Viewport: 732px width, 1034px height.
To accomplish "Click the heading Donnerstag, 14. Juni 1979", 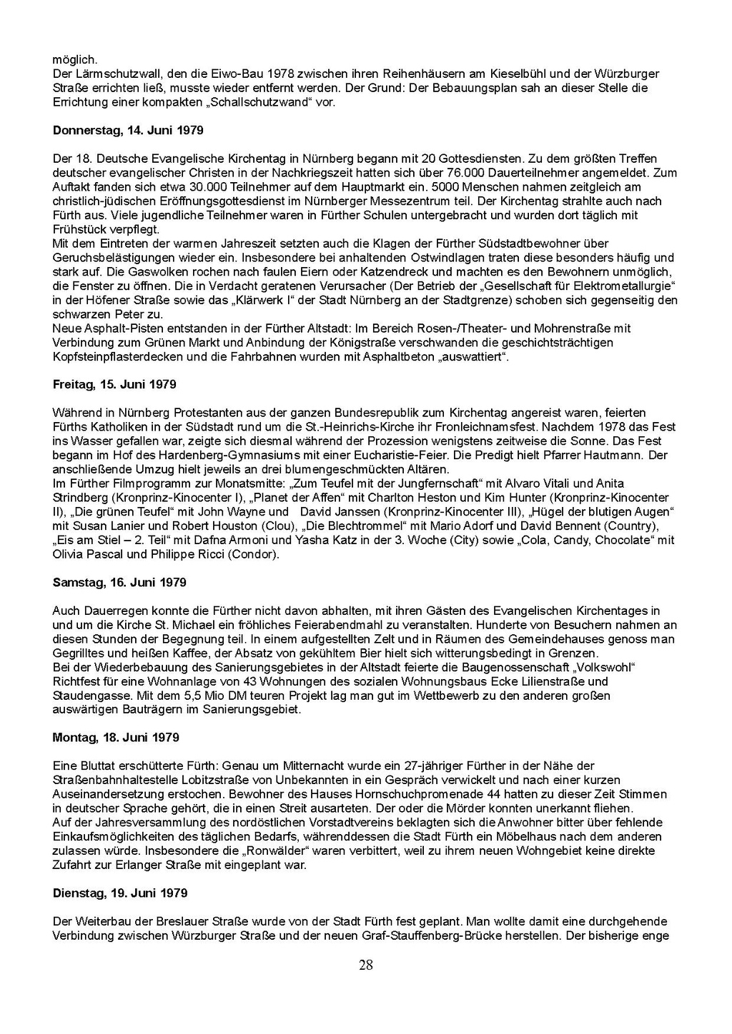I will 128,131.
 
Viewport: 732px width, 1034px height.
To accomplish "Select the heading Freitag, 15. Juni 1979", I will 114,385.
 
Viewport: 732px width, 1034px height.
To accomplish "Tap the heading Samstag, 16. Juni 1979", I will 119,583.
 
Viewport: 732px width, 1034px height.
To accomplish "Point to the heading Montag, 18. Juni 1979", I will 116,738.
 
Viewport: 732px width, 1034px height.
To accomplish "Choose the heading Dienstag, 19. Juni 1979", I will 120,893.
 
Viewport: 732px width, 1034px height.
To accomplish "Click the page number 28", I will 366,966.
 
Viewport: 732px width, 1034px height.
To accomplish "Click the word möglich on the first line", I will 74,60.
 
